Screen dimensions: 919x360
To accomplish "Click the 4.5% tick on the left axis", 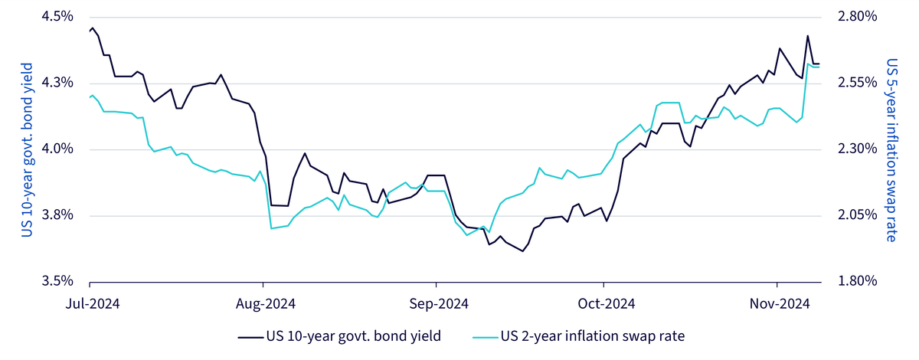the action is click(57, 17).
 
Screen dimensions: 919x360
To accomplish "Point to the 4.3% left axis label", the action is click(57, 83).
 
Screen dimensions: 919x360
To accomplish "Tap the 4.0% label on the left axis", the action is click(57, 149).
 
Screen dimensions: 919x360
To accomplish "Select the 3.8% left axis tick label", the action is click(57, 215).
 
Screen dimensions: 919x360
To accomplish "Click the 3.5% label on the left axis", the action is click(57, 282).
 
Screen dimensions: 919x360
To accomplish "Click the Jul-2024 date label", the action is click(93, 304).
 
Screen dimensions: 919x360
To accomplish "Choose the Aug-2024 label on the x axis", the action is click(266, 304).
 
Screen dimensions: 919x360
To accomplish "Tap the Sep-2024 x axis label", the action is click(439, 304).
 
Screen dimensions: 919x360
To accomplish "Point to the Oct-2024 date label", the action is click(607, 304).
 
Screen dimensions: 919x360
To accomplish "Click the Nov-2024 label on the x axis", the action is click(780, 304).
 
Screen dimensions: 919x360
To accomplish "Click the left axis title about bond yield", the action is click(27, 150).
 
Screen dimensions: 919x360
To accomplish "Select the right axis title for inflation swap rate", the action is click(892, 150).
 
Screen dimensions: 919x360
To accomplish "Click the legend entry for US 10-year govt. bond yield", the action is click(339, 336).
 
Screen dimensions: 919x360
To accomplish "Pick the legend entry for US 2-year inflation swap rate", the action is click(578, 336).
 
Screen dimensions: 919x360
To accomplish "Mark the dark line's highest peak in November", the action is click(808, 36).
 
